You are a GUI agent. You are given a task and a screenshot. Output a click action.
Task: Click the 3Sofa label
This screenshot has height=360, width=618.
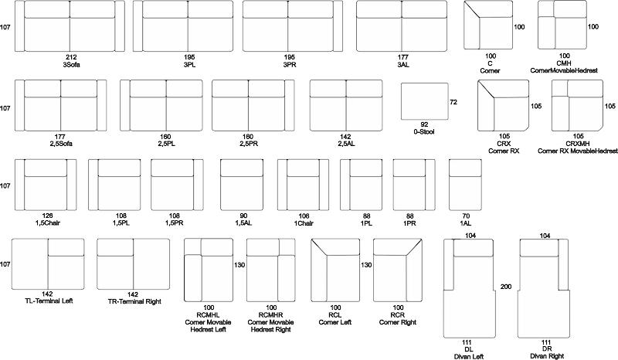(x=71, y=65)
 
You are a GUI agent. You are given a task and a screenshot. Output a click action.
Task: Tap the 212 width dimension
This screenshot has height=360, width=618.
(x=71, y=58)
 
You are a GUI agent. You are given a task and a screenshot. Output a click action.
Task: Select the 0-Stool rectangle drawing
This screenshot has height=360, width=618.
(x=425, y=101)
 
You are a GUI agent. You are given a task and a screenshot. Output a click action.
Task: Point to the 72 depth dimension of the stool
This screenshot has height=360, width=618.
(x=453, y=102)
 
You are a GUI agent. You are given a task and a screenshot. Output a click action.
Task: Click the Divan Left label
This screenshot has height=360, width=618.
(x=469, y=356)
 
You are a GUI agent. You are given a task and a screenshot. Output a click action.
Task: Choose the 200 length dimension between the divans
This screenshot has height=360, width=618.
(x=506, y=287)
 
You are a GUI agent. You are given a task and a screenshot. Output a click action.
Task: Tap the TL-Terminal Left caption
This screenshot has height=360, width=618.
(x=49, y=301)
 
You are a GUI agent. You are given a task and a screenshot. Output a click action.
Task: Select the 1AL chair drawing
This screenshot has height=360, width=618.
(x=465, y=185)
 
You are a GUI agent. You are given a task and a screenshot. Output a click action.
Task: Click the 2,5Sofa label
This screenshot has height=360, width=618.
(x=61, y=144)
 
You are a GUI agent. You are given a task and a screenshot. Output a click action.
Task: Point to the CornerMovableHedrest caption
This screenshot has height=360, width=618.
(x=564, y=70)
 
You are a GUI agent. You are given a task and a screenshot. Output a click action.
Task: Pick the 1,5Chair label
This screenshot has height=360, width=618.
(x=47, y=223)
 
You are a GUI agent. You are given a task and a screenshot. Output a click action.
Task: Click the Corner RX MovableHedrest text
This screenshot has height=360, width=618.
(x=577, y=151)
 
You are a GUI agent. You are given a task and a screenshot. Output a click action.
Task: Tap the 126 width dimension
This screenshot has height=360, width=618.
(x=47, y=216)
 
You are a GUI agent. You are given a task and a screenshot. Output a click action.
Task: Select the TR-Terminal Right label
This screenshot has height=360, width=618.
(x=134, y=301)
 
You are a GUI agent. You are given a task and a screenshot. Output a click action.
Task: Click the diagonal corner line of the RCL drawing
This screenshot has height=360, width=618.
(x=319, y=247)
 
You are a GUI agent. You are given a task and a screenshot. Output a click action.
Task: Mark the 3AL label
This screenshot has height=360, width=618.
(x=402, y=65)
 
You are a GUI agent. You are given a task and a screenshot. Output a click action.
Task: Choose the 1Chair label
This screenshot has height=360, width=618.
(x=304, y=223)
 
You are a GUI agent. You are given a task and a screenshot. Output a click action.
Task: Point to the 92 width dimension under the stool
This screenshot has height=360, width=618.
(x=424, y=124)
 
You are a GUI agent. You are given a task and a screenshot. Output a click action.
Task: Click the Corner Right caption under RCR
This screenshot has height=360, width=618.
(x=398, y=323)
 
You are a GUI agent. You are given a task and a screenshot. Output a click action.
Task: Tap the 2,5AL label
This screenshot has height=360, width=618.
(x=346, y=144)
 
